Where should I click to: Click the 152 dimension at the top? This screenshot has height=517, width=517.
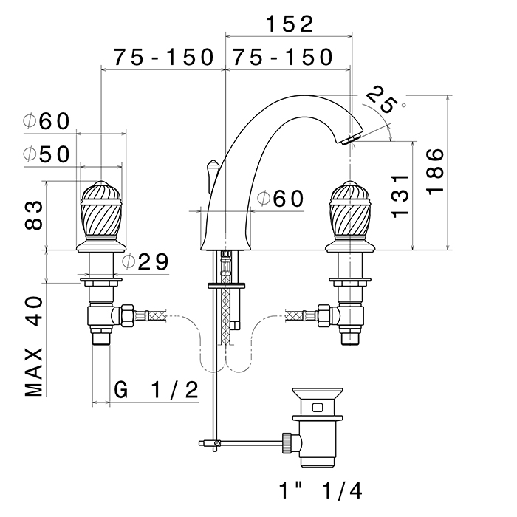point(289,24)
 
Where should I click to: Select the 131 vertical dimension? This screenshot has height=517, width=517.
point(400,196)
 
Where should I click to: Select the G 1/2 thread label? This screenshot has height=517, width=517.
point(157,390)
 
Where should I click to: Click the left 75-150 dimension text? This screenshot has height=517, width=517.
point(163,57)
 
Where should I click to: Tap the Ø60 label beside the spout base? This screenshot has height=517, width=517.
point(280,198)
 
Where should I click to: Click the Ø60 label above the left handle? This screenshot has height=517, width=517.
point(46,121)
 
